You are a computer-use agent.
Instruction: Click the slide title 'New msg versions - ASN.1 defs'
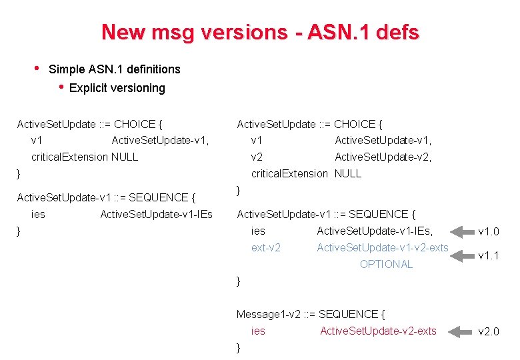[x=260, y=32]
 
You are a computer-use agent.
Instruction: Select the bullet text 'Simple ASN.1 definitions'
[x=115, y=69]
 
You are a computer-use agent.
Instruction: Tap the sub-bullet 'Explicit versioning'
[x=117, y=88]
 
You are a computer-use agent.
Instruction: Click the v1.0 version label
[x=489, y=232]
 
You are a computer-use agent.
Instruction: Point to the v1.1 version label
[x=489, y=255]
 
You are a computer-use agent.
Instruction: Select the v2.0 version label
[x=489, y=331]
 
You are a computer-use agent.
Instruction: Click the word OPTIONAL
[x=386, y=264]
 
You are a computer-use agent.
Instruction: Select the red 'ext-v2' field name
[x=265, y=248]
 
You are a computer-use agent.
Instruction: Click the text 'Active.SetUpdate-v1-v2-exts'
[x=383, y=248]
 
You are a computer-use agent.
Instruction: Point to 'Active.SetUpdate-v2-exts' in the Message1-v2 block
[x=378, y=331]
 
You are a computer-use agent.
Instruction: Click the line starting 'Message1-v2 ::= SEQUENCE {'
[x=311, y=314]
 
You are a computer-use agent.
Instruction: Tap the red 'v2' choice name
[x=257, y=157]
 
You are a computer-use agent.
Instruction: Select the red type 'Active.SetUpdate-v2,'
[x=383, y=157]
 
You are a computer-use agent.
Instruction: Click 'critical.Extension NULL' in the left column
[x=85, y=157]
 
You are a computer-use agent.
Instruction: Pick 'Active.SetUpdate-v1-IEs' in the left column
[x=156, y=214]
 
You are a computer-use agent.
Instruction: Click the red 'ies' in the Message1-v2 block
[x=258, y=331]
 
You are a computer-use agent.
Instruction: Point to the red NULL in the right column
[x=348, y=173]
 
